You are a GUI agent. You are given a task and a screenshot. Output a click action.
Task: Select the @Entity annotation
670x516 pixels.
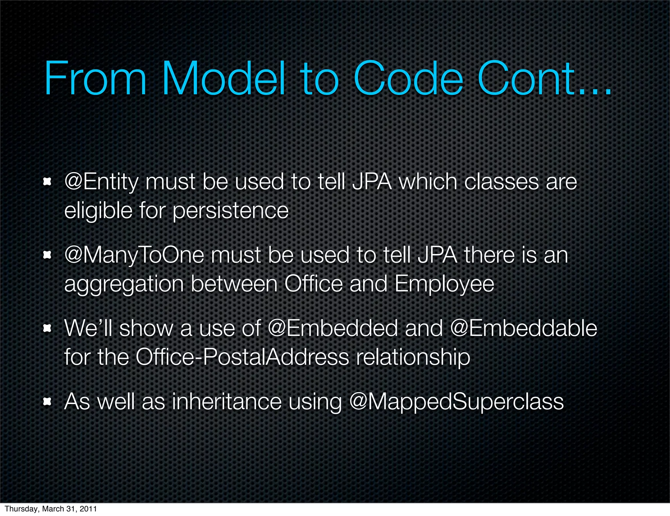(101, 182)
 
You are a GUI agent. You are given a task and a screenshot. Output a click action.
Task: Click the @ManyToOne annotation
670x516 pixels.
(134, 255)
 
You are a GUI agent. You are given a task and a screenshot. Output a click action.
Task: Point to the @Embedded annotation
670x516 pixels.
(332, 328)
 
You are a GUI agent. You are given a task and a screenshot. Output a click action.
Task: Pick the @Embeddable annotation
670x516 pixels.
(523, 328)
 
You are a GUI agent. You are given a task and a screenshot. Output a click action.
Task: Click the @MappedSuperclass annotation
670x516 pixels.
(456, 402)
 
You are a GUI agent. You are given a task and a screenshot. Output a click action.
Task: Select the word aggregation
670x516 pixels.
(124, 284)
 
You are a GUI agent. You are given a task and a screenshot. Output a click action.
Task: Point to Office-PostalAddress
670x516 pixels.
(242, 357)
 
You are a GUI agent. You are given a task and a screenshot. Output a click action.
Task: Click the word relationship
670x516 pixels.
(413, 358)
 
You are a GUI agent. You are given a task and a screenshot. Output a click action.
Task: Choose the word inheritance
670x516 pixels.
(226, 402)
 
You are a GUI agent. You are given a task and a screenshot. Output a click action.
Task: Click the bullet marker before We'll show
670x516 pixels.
(48, 328)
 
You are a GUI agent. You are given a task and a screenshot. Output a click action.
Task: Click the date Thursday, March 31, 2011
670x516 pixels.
(51, 509)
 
